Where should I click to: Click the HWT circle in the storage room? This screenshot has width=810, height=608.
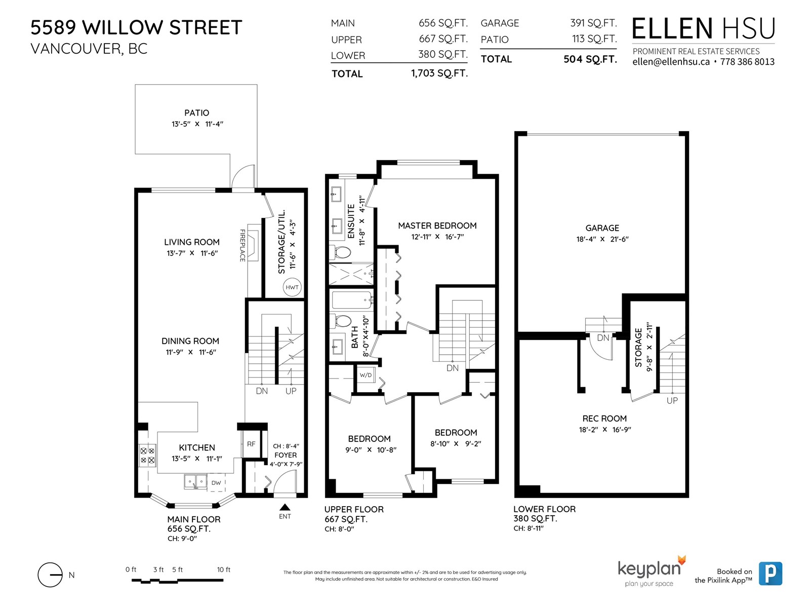pyautogui.click(x=292, y=287)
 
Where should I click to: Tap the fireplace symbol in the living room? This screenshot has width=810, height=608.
pyautogui.click(x=253, y=243)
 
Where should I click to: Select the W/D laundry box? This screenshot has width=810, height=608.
pyautogui.click(x=366, y=375)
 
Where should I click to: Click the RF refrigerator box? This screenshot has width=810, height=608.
pyautogui.click(x=251, y=444)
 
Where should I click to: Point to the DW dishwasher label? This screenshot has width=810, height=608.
pyautogui.click(x=216, y=483)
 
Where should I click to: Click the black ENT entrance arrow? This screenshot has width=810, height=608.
pyautogui.click(x=285, y=507)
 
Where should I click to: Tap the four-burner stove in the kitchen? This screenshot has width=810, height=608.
pyautogui.click(x=147, y=455)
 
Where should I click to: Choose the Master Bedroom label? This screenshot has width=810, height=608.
pyautogui.click(x=437, y=225)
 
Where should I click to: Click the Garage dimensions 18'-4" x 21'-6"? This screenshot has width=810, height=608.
pyautogui.click(x=602, y=239)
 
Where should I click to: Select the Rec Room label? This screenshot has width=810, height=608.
pyautogui.click(x=604, y=419)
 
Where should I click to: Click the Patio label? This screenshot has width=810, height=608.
pyautogui.click(x=197, y=112)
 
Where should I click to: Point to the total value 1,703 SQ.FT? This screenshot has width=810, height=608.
pyautogui.click(x=439, y=73)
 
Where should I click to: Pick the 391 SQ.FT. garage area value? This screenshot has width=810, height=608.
pyautogui.click(x=593, y=23)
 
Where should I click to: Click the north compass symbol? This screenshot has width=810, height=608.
pyautogui.click(x=50, y=575)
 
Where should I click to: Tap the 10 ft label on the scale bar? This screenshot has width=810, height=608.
pyautogui.click(x=224, y=569)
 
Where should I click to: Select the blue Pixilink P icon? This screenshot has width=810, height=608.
pyautogui.click(x=771, y=574)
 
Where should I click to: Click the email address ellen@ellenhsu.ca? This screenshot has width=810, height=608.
pyautogui.click(x=671, y=62)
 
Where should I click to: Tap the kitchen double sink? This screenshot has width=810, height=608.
pyautogui.click(x=195, y=482)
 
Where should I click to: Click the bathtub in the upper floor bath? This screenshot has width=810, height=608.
pyautogui.click(x=352, y=300)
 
